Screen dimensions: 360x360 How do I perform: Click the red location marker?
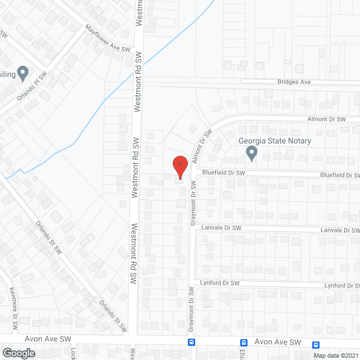[x=179, y=167]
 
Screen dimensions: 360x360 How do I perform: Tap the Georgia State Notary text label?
[x=274, y=141]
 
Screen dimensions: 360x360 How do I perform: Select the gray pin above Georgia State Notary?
[x=252, y=153]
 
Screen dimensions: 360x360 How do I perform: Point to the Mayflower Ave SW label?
[x=107, y=38]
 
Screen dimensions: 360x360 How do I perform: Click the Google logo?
[x=19, y=353]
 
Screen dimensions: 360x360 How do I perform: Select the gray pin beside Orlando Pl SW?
[x=22, y=73]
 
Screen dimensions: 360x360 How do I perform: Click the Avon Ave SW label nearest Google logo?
[x=48, y=340]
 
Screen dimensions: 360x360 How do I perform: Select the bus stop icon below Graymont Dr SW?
[x=192, y=343]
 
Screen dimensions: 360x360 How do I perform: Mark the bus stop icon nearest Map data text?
[x=316, y=345]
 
